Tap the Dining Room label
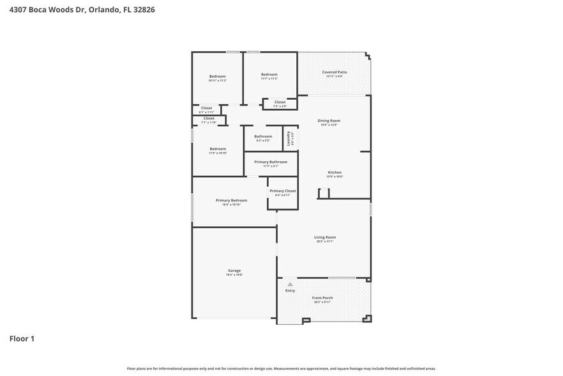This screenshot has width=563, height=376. point(329,120)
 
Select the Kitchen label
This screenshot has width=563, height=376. point(334,172)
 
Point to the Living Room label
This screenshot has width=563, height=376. point(326,237)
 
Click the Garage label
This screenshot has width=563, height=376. point(234,270)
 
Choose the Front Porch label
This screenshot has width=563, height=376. point(322,298)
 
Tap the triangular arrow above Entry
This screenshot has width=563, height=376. point(290,284)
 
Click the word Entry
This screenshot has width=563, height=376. point(290,290)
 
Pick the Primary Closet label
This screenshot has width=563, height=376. point(282,191)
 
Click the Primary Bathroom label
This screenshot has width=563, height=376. point(271,162)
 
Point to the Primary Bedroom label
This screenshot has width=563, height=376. point(230,200)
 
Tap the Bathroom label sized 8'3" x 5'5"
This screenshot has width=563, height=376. point(263,136)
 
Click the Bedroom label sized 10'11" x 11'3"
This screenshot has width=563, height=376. point(218,77)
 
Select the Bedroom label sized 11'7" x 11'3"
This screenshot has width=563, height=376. point(269,75)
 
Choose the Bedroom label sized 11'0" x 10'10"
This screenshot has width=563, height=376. point(218,149)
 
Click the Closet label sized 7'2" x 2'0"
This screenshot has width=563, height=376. point(280,102)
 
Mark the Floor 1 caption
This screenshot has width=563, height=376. point(22,338)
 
